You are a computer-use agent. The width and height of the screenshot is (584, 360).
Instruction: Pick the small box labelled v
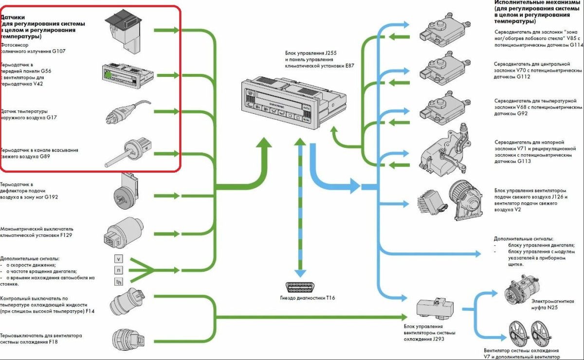pos(119,259)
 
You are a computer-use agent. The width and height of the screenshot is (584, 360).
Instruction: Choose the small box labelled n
pos(119,270)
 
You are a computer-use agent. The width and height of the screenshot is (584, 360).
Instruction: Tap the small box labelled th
pos(119,282)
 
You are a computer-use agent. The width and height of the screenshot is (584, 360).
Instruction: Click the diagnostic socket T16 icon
pos(300,287)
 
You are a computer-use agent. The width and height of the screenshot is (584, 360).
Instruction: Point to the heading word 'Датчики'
pos(13,17)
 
